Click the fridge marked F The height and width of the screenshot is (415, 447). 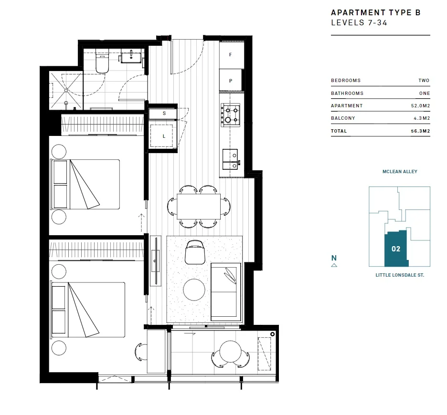(231, 55)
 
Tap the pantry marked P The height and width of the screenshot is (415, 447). (231, 81)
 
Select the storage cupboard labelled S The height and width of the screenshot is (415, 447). (164, 114)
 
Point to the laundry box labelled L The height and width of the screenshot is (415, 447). (164, 135)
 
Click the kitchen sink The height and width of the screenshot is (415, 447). (230, 159)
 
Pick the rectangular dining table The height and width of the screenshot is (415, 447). (199, 206)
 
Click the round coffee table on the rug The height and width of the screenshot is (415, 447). (194, 289)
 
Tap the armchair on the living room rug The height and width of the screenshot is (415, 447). (195, 251)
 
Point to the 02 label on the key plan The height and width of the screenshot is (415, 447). (395, 249)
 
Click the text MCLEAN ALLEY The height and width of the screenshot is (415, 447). (400, 172)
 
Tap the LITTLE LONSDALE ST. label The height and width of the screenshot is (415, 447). (400, 275)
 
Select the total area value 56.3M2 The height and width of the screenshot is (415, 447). (421, 131)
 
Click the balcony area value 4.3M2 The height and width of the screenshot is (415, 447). (423, 118)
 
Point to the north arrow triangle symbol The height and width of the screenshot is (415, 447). (334, 265)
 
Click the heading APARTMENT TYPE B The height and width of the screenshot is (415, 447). (375, 13)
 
